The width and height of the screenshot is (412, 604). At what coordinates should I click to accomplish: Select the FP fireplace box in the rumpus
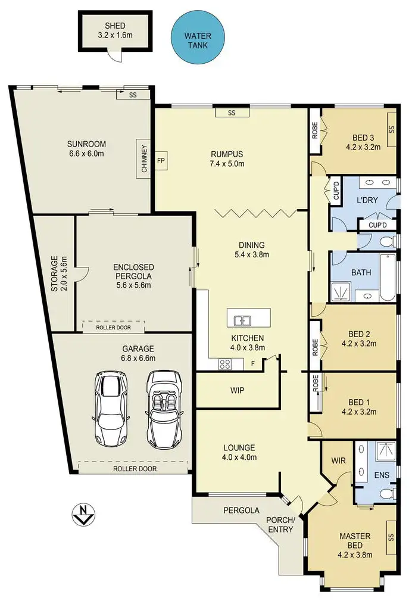(161, 161)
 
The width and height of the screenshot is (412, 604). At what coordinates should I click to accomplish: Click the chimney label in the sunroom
(144, 158)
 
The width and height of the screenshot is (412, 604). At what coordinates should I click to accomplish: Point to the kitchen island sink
(242, 320)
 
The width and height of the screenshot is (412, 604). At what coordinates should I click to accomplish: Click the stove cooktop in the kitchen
(226, 363)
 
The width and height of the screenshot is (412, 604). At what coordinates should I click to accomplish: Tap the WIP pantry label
(236, 391)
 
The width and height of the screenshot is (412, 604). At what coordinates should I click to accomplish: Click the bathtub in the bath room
(386, 277)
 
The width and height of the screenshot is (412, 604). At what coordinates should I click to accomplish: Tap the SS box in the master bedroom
(391, 537)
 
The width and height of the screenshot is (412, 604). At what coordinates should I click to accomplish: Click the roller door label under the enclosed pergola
(114, 326)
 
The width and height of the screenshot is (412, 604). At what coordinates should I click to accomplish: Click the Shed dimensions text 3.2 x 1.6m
(114, 35)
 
